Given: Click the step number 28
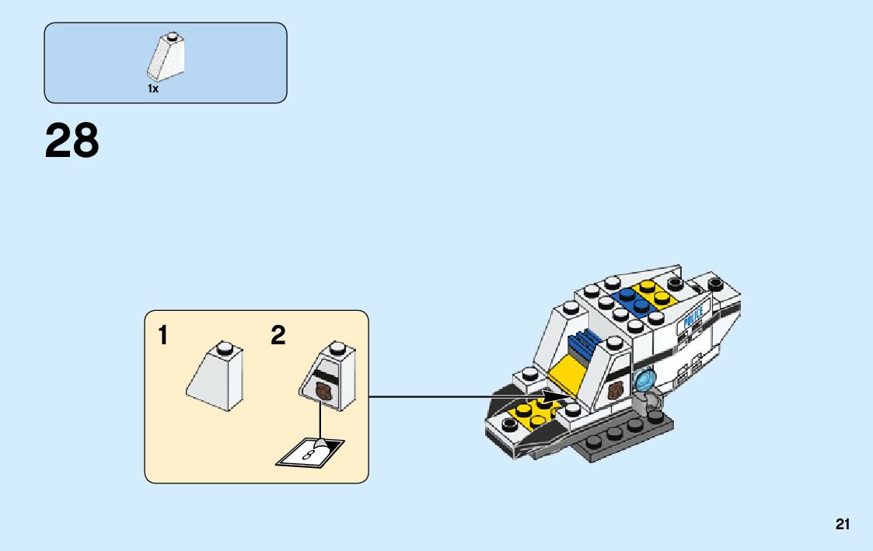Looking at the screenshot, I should (72, 141).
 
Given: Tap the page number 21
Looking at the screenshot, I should (843, 525).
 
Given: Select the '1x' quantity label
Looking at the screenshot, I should (153, 89).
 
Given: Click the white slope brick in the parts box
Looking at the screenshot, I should (166, 58).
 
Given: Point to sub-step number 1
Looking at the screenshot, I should (162, 336).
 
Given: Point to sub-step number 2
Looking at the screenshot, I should (278, 336).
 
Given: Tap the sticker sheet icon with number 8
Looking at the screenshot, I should (309, 452).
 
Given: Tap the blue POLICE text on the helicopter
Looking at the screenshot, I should (691, 317).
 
